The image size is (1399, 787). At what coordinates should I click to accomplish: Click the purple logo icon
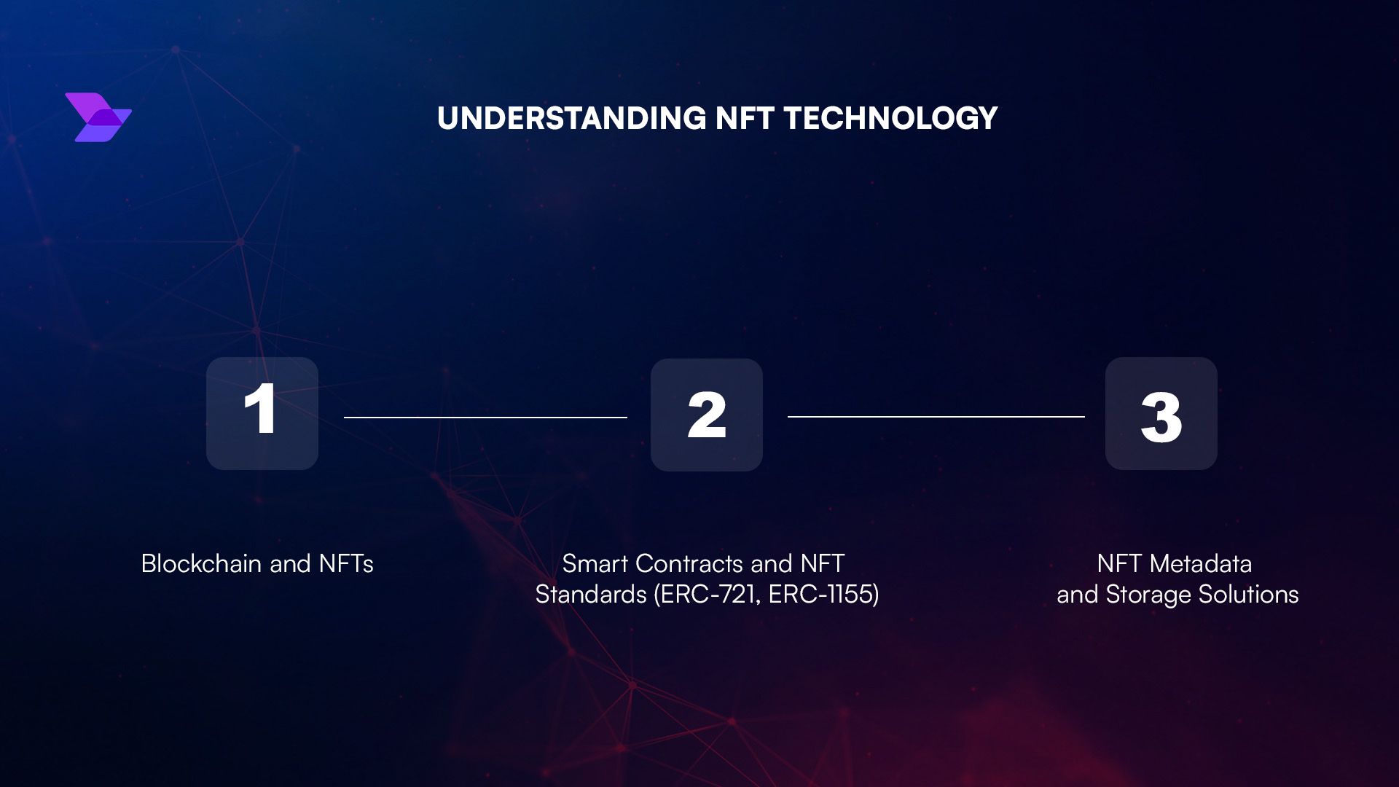[x=98, y=117]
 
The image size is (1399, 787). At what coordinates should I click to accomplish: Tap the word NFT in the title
[x=744, y=119]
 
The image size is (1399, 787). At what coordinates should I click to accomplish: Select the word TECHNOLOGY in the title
[x=890, y=119]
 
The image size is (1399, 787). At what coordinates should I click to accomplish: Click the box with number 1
[x=262, y=413]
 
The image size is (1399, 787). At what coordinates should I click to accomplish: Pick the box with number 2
[x=706, y=415]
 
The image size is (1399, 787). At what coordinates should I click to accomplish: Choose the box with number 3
[x=1161, y=413]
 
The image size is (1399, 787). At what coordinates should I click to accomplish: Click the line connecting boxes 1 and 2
[x=485, y=417]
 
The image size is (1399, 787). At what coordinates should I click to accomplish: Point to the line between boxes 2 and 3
[x=936, y=416]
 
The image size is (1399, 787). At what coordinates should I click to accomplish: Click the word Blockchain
[x=201, y=564]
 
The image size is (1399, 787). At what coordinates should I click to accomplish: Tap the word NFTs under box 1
[x=346, y=564]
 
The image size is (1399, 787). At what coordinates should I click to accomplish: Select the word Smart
[x=595, y=564]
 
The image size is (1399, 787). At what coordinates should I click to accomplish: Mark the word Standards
[x=590, y=595]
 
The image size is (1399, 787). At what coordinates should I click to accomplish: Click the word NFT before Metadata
[x=1118, y=564]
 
